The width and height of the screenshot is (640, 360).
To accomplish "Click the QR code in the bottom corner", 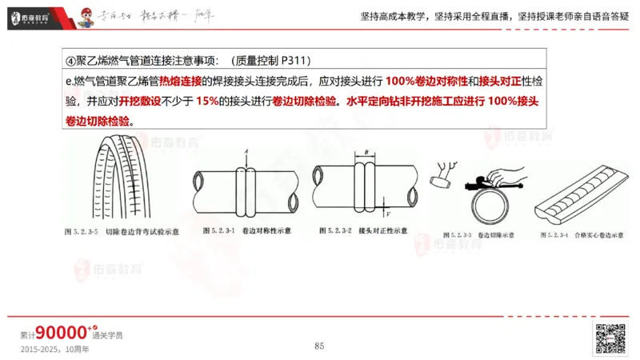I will tap(610, 338).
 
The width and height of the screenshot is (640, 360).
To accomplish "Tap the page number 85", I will tap(319, 346).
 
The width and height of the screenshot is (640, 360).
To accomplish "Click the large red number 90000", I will tap(61, 332).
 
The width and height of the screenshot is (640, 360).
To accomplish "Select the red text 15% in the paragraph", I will tap(207, 102).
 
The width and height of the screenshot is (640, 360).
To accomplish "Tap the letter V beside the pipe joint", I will tap(388, 213).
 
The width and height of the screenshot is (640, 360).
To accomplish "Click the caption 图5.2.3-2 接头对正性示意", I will tap(366, 230).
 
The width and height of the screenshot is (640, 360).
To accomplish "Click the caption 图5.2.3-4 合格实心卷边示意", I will tap(571, 236).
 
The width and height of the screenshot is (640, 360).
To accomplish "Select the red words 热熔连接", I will tap(180, 82).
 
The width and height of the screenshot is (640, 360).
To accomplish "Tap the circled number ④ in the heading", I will tap(70, 61).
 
